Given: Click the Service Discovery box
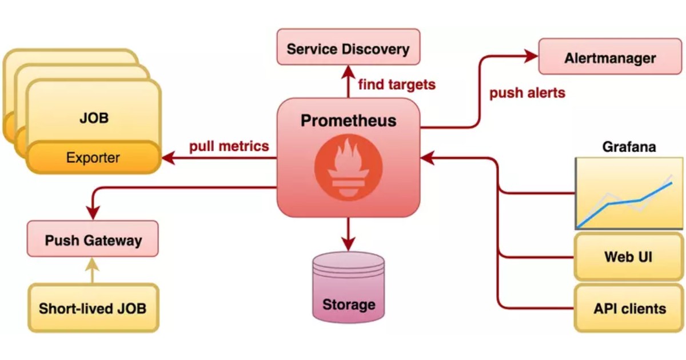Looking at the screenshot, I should (x=348, y=48).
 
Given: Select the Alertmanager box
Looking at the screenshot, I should (x=610, y=57).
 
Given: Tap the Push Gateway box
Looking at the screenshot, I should (x=93, y=239).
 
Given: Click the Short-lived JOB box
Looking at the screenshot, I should (x=93, y=309).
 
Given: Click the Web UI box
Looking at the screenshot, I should (x=628, y=257).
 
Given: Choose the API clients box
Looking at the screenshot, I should (x=628, y=309).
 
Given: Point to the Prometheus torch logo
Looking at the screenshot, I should (x=348, y=168).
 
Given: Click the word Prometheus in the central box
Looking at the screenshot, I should (x=348, y=121).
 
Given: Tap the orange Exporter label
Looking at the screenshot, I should (x=93, y=158).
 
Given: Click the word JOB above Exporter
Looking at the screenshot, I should (x=94, y=119).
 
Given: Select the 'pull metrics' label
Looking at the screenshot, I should (x=229, y=146).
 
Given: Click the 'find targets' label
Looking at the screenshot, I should (x=396, y=85).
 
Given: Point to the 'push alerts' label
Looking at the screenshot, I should (x=527, y=93).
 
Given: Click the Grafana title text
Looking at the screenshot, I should (x=629, y=147).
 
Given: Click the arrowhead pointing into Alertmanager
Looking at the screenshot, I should (x=531, y=56).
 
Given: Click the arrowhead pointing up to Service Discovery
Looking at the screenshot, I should (x=348, y=71).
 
